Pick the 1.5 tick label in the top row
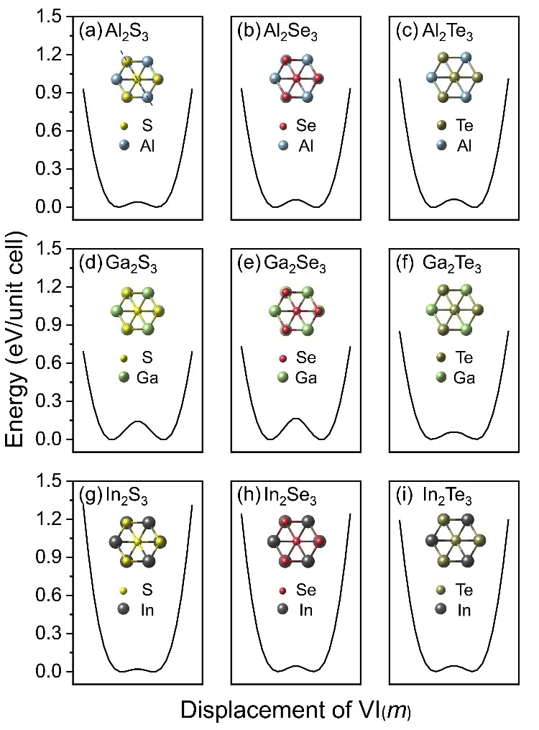coord(50,17)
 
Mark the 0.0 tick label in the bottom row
coord(50,672)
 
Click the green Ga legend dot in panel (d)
coord(127,378)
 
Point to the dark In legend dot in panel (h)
coord(285,610)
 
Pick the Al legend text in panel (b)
coord(310,146)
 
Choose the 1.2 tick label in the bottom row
coord(50,519)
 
